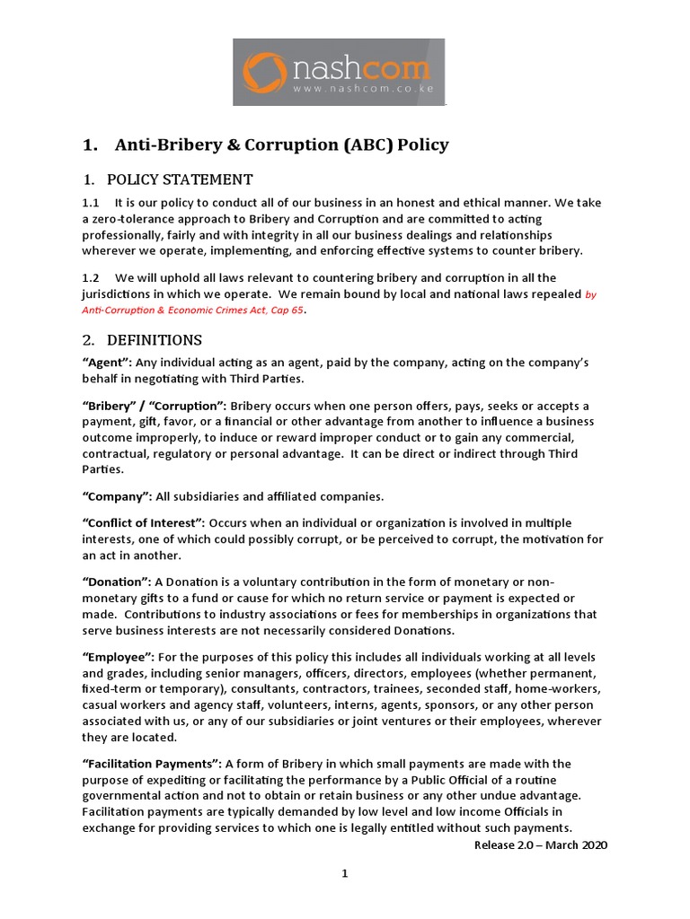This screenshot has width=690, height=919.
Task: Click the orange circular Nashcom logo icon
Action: (266, 71)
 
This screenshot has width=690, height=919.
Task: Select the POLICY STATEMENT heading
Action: (179, 179)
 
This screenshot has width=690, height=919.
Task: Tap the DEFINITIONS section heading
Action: (154, 340)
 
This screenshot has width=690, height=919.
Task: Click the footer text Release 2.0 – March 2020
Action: (540, 845)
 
